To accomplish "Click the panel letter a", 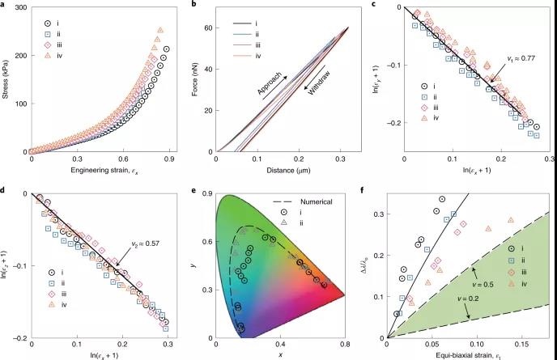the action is tap(2, 5).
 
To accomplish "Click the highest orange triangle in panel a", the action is tap(160, 30).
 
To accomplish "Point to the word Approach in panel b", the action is tap(270, 84).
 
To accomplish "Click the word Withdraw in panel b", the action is tap(319, 83).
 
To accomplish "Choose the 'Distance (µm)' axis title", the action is tap(288, 171).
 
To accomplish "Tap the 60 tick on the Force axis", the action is tap(209, 28).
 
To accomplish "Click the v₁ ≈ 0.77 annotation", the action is tap(521, 58).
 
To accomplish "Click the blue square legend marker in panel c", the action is tap(424, 96).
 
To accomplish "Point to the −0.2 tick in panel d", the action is tap(20, 338).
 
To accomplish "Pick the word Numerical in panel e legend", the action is tap(317, 202).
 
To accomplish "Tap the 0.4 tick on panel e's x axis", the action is tap(281, 345).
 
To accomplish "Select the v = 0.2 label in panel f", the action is tap(468, 299).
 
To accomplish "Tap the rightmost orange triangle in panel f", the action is tap(511, 220).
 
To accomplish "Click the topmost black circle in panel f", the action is tap(442, 199).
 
